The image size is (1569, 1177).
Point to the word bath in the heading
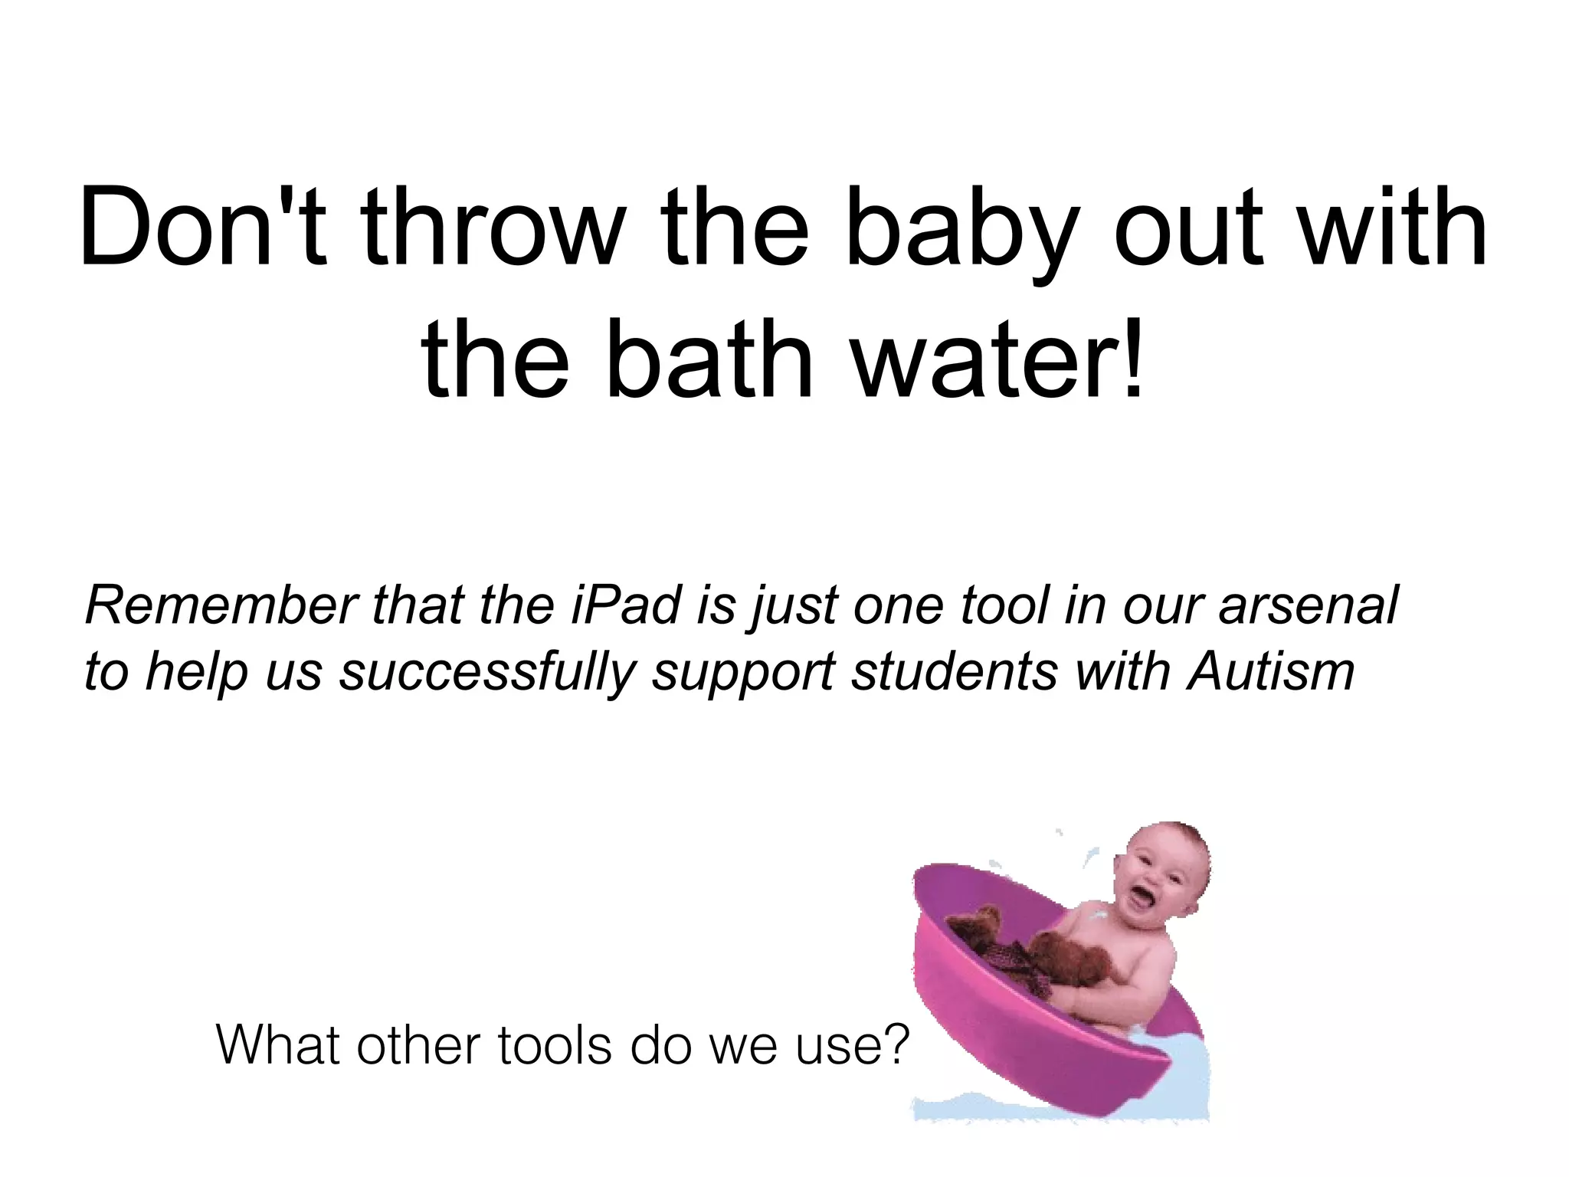click(709, 359)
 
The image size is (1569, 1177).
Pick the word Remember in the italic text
click(221, 605)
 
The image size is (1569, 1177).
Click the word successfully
click(488, 671)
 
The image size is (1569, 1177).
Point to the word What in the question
click(279, 1044)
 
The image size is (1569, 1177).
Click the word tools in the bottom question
click(555, 1044)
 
